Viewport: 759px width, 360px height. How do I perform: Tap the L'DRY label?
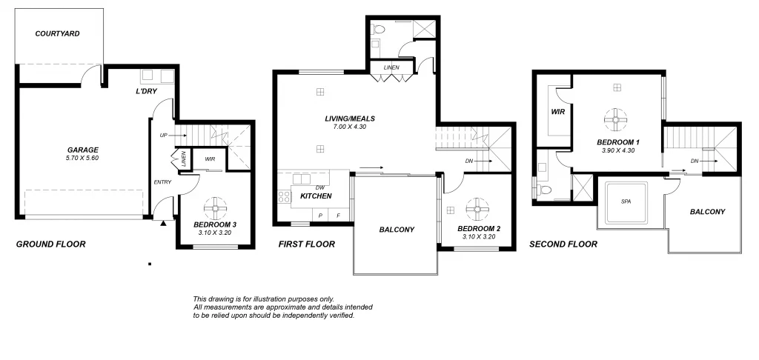(145, 91)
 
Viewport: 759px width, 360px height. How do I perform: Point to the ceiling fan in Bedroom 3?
(215, 205)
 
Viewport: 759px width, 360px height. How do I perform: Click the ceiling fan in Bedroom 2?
(474, 207)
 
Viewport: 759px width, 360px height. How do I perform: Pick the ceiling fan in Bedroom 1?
(616, 119)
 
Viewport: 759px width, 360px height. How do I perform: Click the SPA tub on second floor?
(627, 201)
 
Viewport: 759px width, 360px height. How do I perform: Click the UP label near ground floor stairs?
(163, 136)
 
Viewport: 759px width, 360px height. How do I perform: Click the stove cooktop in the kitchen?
(284, 196)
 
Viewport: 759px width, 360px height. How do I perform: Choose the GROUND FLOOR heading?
(50, 244)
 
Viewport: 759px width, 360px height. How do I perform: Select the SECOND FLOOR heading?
(563, 244)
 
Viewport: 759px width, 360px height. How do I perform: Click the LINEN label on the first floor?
(391, 68)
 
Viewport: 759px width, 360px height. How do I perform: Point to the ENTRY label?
(162, 181)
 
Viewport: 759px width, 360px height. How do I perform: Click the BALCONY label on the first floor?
(397, 230)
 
